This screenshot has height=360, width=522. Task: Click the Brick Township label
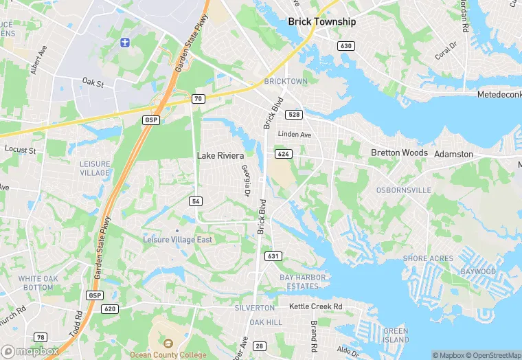(x=322, y=21)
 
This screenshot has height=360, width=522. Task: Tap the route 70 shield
(x=198, y=99)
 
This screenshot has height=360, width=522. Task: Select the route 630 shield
(x=346, y=45)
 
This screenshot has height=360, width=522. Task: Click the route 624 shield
(x=282, y=154)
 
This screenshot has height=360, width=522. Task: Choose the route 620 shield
(x=109, y=309)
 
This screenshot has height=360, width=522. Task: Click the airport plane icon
(x=124, y=44)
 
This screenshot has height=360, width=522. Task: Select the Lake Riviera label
(x=220, y=156)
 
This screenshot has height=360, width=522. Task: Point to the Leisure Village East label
(x=177, y=240)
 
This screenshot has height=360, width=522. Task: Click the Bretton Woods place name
(x=399, y=153)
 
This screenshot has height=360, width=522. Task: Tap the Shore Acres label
(x=428, y=258)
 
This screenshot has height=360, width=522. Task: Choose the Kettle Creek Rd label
(x=315, y=306)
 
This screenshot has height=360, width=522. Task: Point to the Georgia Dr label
(x=245, y=179)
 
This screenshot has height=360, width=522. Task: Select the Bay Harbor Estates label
(x=303, y=281)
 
